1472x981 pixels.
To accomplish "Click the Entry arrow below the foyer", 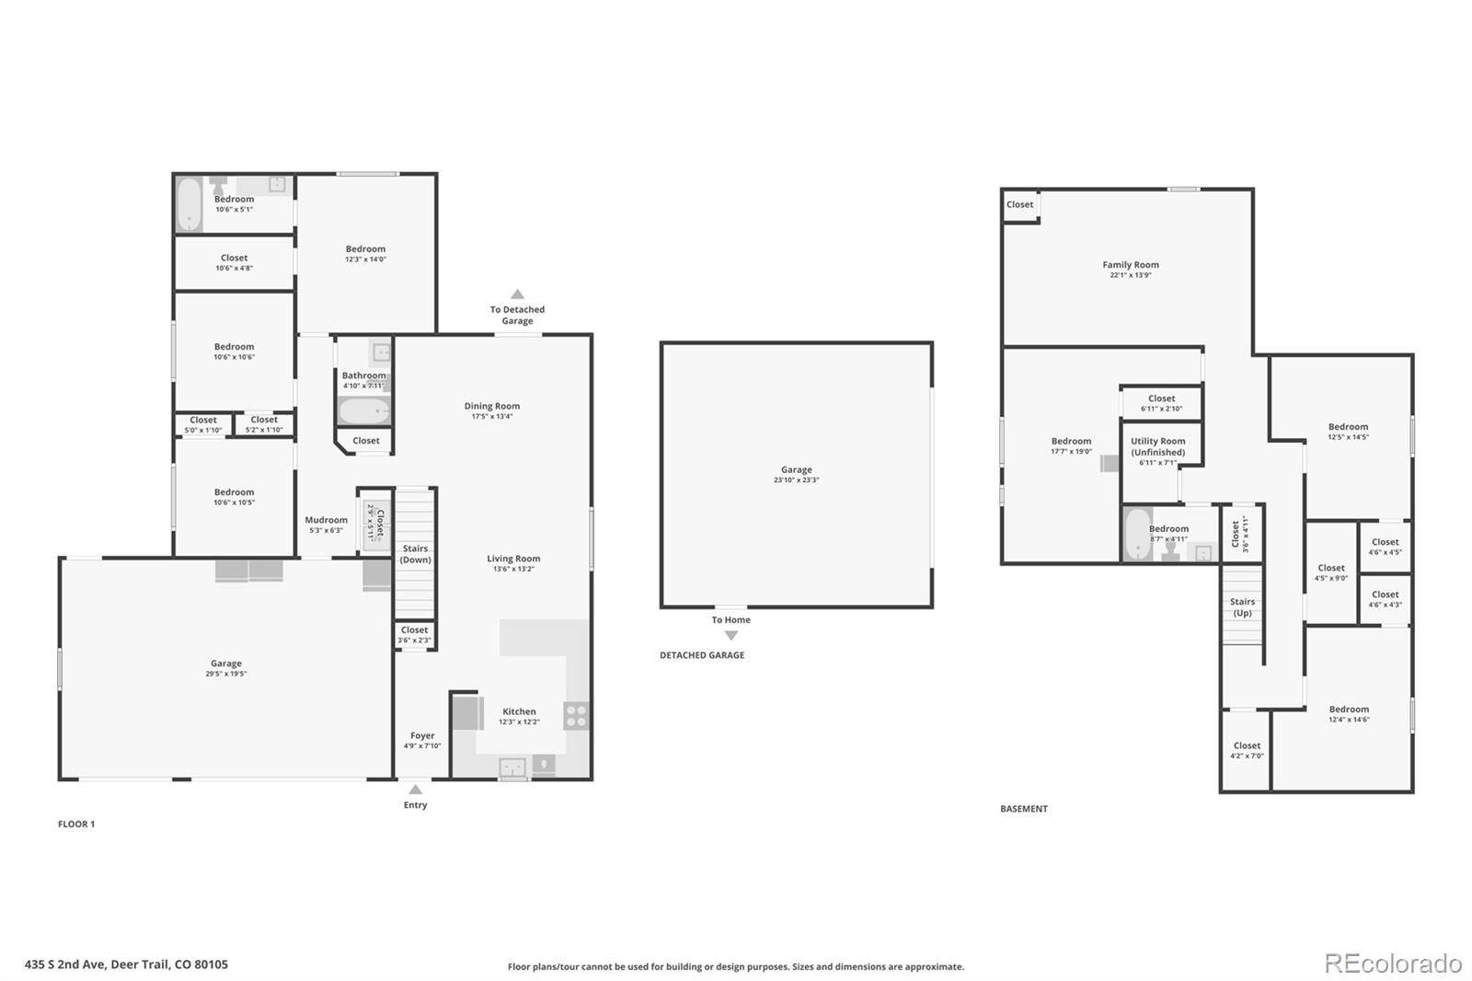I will click(x=415, y=789).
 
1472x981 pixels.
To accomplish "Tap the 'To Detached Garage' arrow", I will click(x=517, y=294).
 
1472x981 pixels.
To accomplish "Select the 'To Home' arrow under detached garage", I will click(x=730, y=635).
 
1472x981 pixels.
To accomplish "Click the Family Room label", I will click(x=1131, y=265).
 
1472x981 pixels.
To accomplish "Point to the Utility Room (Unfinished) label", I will click(x=1157, y=446).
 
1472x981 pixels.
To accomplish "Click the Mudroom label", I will click(x=326, y=520).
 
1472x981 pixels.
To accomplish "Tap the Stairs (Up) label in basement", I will click(x=1242, y=607).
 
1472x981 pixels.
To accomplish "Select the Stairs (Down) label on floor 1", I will click(x=415, y=554).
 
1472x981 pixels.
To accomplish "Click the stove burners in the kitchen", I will click(x=576, y=715).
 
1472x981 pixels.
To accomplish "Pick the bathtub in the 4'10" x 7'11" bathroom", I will click(x=363, y=410).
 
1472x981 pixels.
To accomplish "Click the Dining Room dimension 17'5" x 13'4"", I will click(x=491, y=417).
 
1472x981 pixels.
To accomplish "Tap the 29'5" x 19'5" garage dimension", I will click(x=226, y=675).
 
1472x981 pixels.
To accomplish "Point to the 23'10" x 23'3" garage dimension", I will click(x=796, y=480).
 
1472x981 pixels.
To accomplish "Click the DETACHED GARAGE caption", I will click(x=702, y=655).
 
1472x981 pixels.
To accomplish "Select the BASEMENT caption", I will click(x=1023, y=809).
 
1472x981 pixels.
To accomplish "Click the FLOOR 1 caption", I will click(x=76, y=824).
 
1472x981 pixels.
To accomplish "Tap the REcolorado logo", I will click(x=1392, y=964).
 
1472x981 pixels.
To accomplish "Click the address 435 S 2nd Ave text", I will click(x=126, y=964).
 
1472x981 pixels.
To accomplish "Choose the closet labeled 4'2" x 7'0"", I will click(x=1247, y=751).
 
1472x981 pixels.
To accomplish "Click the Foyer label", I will click(x=422, y=735).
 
